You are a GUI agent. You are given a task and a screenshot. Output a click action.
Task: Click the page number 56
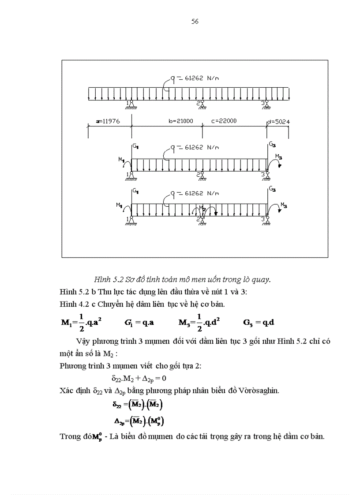point(195,21)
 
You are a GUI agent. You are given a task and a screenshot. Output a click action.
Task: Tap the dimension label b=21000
point(181,120)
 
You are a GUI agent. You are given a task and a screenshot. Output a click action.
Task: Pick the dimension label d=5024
point(278,120)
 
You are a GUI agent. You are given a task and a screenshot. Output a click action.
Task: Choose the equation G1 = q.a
point(139,322)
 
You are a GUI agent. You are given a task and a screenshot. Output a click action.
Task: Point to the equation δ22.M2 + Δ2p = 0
point(138,378)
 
